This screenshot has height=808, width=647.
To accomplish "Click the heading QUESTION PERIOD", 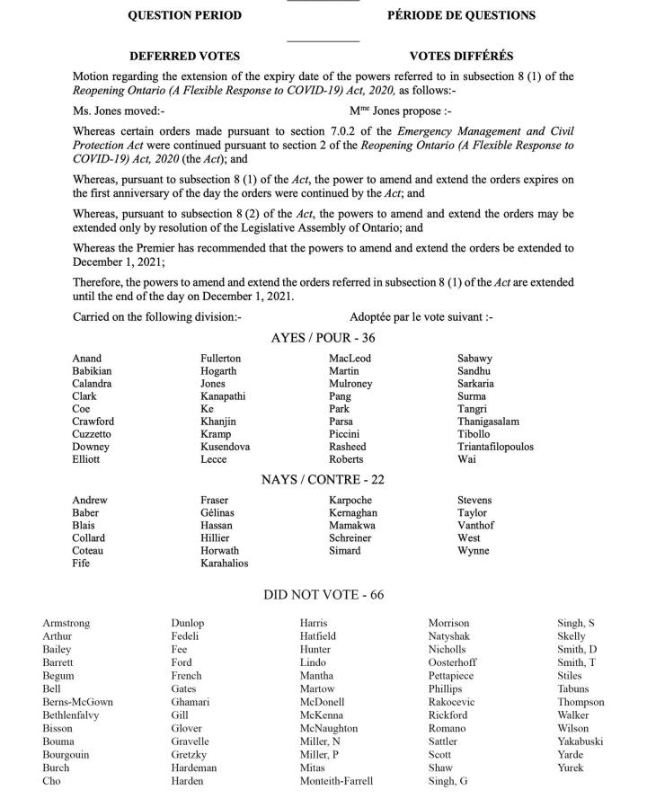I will (x=185, y=15).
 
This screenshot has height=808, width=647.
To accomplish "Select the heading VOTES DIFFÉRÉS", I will (x=461, y=56).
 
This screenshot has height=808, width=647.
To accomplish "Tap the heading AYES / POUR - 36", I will (x=323, y=338).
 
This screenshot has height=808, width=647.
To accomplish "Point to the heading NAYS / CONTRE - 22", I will (x=323, y=480).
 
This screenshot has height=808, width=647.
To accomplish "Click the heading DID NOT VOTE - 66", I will (x=323, y=594).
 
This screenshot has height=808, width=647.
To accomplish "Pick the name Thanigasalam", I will (x=488, y=422).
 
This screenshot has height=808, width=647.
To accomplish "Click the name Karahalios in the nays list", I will (x=225, y=564).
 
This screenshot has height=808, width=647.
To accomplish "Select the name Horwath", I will (x=219, y=551).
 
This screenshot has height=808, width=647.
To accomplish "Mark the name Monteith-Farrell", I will (x=336, y=781).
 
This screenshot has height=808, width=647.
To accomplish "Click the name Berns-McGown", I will (x=77, y=702).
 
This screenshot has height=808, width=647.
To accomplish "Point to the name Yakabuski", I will (x=580, y=741).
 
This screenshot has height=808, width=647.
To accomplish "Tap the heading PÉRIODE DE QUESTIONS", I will (x=461, y=15).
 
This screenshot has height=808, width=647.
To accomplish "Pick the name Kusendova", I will (x=225, y=447).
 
